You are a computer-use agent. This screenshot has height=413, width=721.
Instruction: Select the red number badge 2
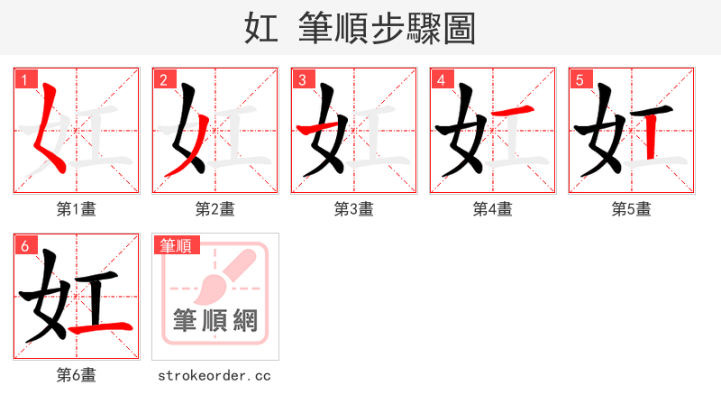[163, 79]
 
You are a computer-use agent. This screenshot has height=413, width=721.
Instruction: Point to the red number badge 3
[302, 79]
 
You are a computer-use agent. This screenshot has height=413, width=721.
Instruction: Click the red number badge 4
[441, 79]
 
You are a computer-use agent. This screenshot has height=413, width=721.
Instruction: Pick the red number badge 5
[580, 79]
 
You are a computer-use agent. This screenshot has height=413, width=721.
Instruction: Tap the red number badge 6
[24, 245]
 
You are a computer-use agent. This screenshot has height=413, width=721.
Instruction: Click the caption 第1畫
[76, 209]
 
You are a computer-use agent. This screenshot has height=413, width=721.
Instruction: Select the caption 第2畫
[214, 209]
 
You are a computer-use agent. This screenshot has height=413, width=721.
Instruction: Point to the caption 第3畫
[353, 209]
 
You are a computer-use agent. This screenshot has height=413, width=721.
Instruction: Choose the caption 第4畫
[492, 209]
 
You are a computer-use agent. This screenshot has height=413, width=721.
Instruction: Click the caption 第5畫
[631, 209]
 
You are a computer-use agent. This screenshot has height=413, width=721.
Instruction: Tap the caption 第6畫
[76, 375]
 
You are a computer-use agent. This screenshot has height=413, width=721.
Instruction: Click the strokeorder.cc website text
[214, 375]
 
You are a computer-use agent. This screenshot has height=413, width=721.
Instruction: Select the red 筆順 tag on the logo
[176, 245]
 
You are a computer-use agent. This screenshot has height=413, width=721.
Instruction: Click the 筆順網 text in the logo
[214, 321]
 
